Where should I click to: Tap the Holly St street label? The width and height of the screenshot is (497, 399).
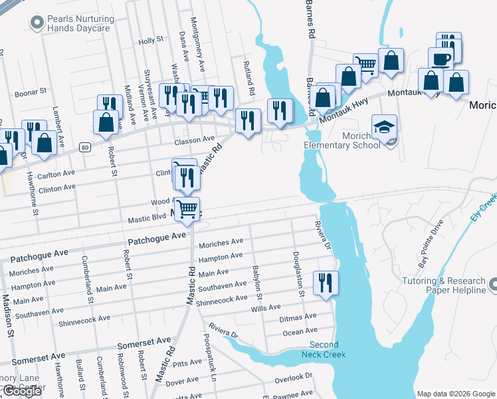pyautogui.click(x=151, y=41)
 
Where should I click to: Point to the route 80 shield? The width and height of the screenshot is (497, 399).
pyautogui.click(x=84, y=146)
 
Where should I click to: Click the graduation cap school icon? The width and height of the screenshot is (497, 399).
pyautogui.click(x=384, y=126)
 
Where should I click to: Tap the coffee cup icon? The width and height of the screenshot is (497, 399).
pyautogui.click(x=441, y=59)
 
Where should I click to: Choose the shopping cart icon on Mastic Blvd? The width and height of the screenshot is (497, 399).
pyautogui.click(x=187, y=209)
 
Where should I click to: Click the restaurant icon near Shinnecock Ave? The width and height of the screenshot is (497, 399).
pyautogui.click(x=326, y=282)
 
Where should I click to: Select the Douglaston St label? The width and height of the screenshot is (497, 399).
pyautogui.click(x=299, y=274)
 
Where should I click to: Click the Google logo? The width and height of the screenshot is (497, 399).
pyautogui.click(x=22, y=391)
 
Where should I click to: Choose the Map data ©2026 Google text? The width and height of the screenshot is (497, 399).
pyautogui.click(x=456, y=394)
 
